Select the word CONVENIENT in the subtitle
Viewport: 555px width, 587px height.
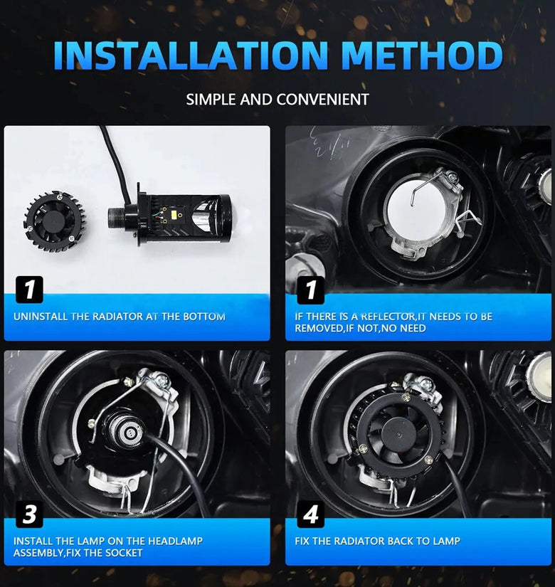click(x=323, y=100)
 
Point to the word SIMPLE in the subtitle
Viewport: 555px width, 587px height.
click(x=211, y=100)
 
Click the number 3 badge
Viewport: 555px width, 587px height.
click(x=29, y=514)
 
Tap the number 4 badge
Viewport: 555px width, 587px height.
click(x=311, y=514)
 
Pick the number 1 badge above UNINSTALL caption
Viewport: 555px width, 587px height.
click(x=29, y=290)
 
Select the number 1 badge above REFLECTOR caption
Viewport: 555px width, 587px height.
click(x=311, y=290)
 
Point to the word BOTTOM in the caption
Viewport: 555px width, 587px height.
click(x=204, y=317)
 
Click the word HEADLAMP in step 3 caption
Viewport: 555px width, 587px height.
click(x=175, y=541)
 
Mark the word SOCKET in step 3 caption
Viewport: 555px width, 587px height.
click(x=124, y=553)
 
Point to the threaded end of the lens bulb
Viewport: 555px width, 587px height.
click(x=117, y=219)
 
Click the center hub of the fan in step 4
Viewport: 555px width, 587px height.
click(x=398, y=433)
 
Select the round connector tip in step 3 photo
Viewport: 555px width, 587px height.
click(x=129, y=433)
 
